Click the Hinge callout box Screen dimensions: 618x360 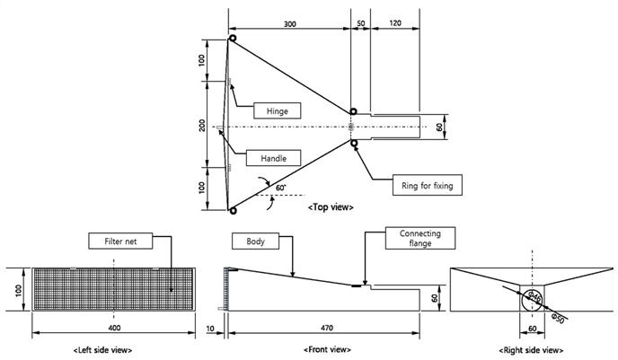pyautogui.click(x=277, y=110)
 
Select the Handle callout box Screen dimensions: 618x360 pyautogui.click(x=274, y=158)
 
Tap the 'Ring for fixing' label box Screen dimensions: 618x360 pyautogui.click(x=428, y=185)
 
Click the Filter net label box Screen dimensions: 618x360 pyautogui.click(x=120, y=241)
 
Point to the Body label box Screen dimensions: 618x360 pyautogui.click(x=255, y=241)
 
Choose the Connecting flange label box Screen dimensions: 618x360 pyautogui.click(x=420, y=238)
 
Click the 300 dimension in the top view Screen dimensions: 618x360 pyautogui.click(x=289, y=24)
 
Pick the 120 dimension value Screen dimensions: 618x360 pyautogui.click(x=395, y=23)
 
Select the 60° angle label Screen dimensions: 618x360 pyautogui.click(x=280, y=188)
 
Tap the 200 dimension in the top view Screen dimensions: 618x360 pyautogui.click(x=202, y=126)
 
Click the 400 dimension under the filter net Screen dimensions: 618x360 pyautogui.click(x=114, y=328)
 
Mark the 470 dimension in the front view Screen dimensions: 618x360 pyautogui.click(x=327, y=328)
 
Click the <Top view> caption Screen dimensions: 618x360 pyautogui.click(x=331, y=207)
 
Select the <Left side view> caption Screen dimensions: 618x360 pyautogui.click(x=103, y=350)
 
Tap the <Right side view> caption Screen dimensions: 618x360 pyautogui.click(x=531, y=350)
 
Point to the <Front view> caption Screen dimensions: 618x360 pyautogui.click(x=327, y=349)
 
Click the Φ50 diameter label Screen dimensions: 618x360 pyautogui.click(x=559, y=318)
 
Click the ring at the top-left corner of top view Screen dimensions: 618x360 pyautogui.click(x=233, y=39)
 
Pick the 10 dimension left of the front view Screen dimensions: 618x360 pyautogui.click(x=211, y=328)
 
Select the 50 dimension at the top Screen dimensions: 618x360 pyautogui.click(x=361, y=23)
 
